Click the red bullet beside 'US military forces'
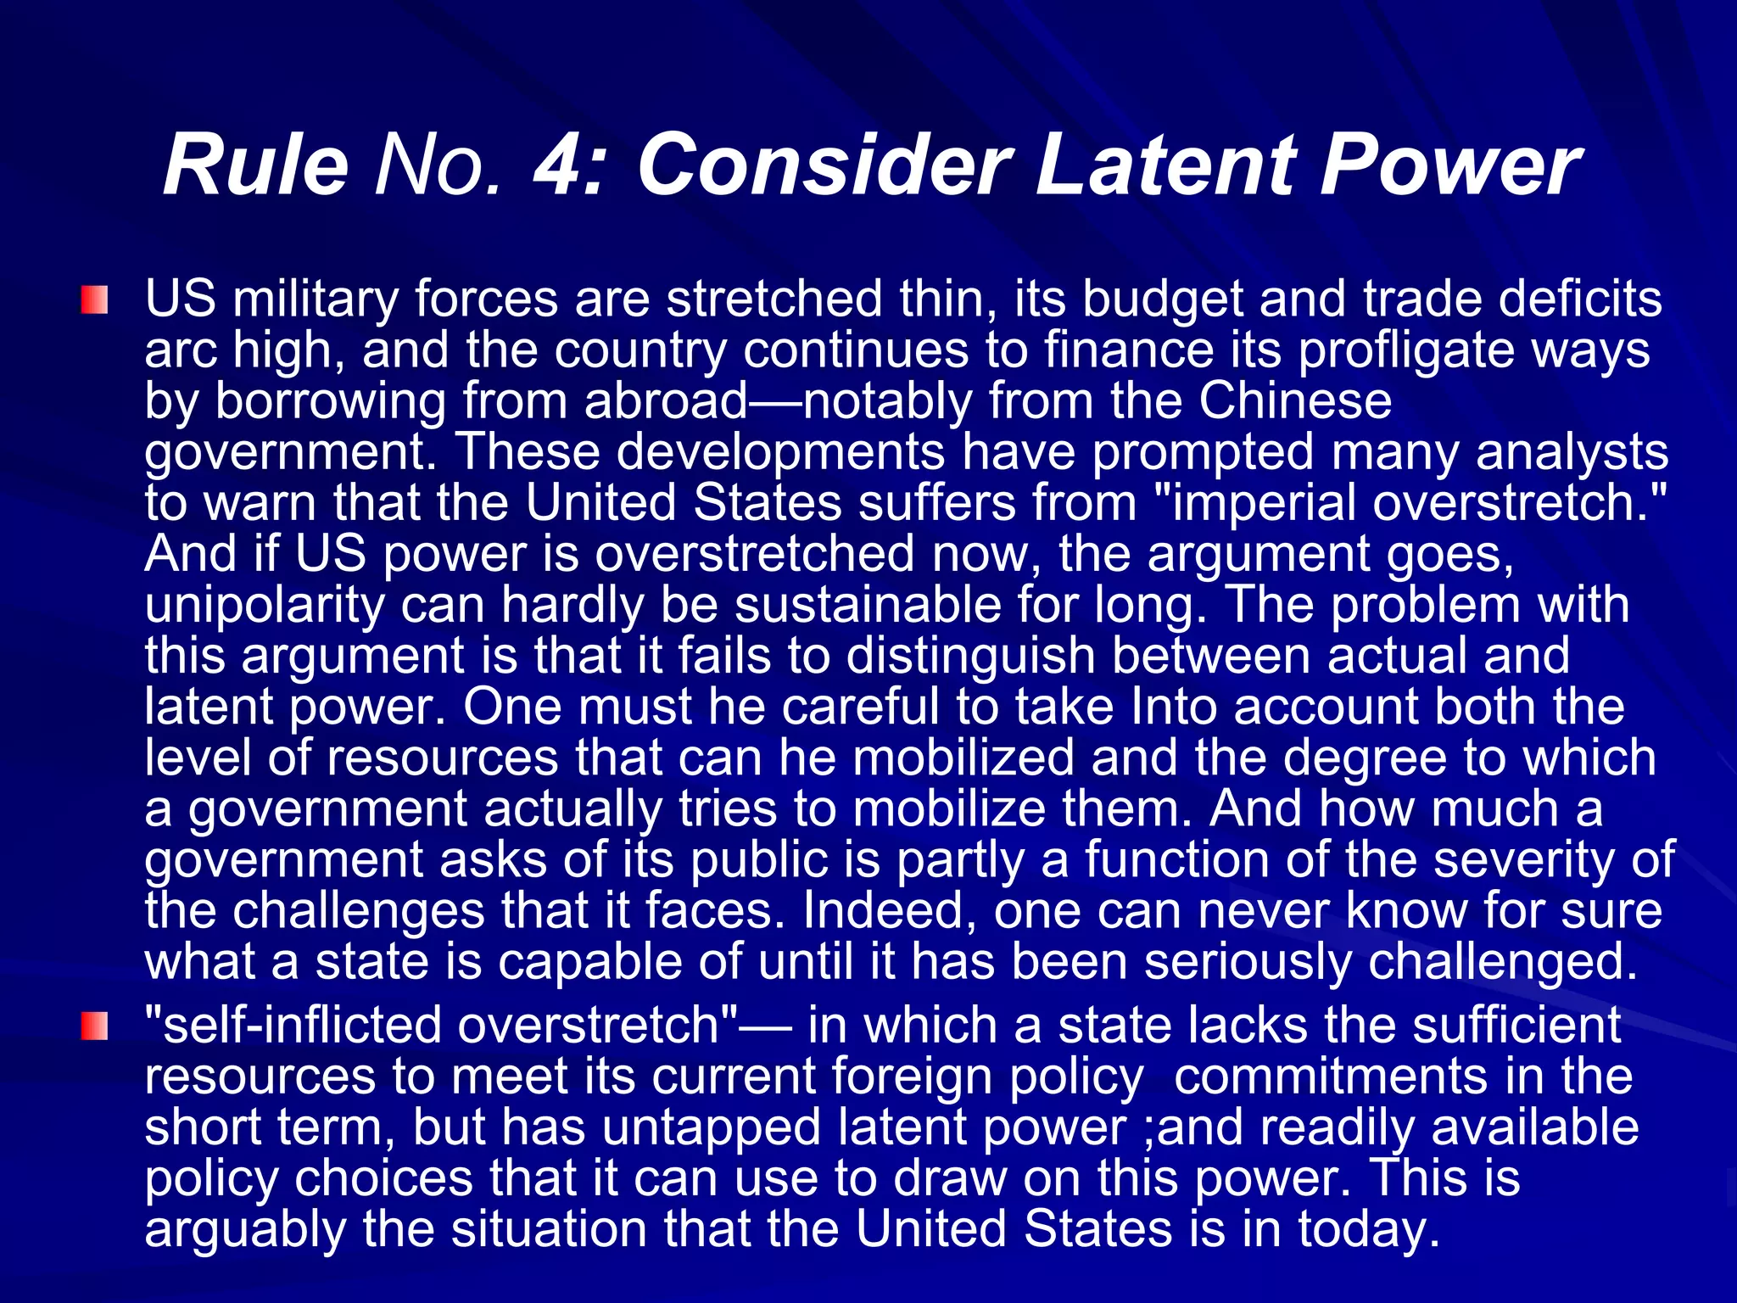[95, 300]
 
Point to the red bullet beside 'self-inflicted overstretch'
[95, 1026]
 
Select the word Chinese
[1295, 401]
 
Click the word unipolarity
[265, 605]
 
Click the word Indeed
[889, 910]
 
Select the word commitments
[1331, 1077]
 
